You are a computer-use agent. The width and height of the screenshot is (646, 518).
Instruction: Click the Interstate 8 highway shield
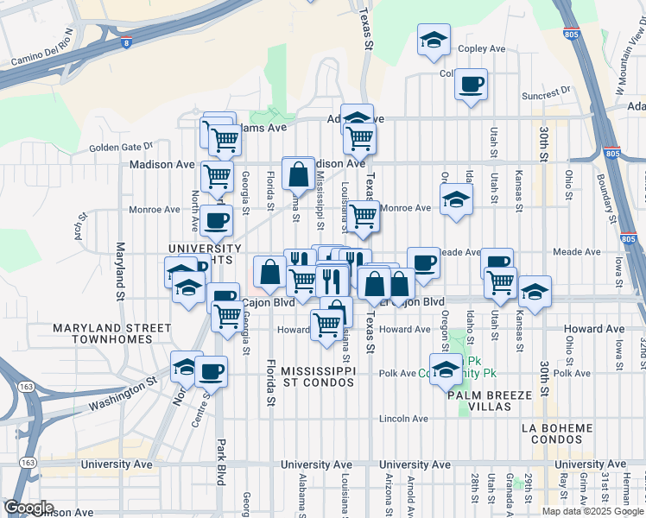(128, 41)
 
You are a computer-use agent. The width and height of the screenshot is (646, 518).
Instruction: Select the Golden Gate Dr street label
(120, 147)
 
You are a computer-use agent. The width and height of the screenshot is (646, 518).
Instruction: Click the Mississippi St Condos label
(318, 376)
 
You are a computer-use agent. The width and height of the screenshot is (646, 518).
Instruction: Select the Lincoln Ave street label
(404, 419)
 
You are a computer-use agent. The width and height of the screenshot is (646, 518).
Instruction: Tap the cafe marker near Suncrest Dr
(471, 85)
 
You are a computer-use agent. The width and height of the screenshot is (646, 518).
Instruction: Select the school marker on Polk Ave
(446, 370)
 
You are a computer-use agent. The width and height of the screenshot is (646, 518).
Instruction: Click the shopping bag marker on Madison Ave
(298, 174)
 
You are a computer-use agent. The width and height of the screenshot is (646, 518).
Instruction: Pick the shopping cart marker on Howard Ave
(326, 325)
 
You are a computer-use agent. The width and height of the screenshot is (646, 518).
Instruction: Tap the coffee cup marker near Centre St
(211, 372)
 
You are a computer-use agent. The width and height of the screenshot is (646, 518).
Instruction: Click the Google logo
(28, 508)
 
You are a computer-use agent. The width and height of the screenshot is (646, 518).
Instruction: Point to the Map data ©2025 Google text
(592, 510)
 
